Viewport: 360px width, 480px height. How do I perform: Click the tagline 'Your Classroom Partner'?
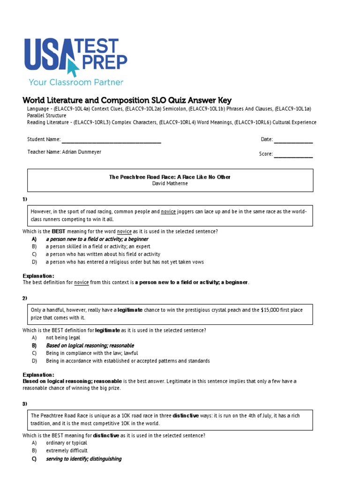click(x=76, y=82)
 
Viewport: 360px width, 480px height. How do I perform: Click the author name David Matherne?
click(x=170, y=183)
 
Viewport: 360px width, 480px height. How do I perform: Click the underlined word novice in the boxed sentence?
click(x=168, y=212)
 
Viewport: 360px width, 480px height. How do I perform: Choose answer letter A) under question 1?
click(x=34, y=239)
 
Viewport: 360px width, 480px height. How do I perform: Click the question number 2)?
click(x=25, y=298)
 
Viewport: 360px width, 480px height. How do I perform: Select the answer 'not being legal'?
click(x=63, y=337)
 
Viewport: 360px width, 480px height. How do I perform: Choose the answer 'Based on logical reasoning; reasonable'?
click(x=90, y=345)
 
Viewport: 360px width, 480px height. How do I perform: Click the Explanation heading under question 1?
click(x=38, y=276)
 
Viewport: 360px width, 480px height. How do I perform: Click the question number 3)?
click(x=25, y=404)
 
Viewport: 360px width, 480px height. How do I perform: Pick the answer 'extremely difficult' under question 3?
click(x=67, y=450)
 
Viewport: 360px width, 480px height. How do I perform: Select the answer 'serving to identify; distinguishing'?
click(x=83, y=459)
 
